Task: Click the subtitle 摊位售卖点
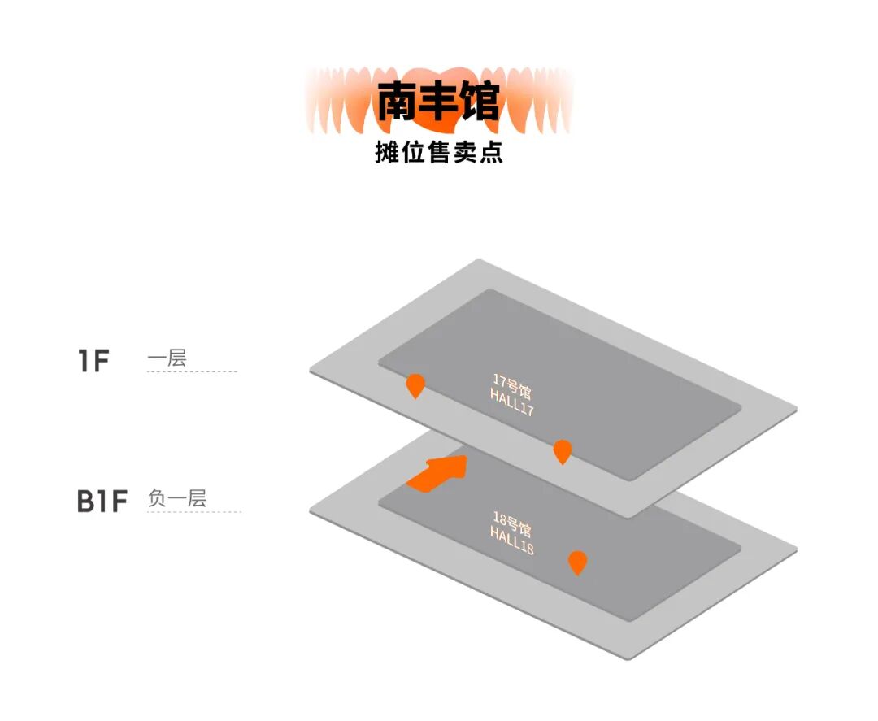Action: (x=439, y=152)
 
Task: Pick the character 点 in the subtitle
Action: (x=491, y=152)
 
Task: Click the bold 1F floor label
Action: (x=93, y=360)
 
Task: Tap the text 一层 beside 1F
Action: (x=167, y=358)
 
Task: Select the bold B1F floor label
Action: (x=103, y=502)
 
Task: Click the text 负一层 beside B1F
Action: (x=177, y=498)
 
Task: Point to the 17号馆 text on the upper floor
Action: (x=512, y=385)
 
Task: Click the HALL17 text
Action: (x=511, y=402)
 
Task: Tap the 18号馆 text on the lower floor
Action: (x=512, y=523)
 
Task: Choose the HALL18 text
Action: (x=511, y=540)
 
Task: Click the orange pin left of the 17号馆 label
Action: (x=415, y=384)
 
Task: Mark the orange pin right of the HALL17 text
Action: (x=562, y=450)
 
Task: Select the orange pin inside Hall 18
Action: (x=577, y=562)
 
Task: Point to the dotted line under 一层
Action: (x=192, y=371)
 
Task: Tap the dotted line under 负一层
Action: (x=194, y=512)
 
